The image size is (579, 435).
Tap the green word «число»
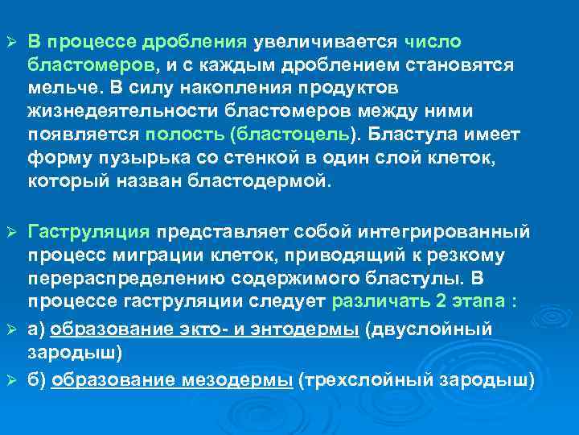(x=433, y=42)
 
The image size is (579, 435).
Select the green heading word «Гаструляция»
(x=88, y=233)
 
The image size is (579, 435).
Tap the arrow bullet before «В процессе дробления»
(x=11, y=42)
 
